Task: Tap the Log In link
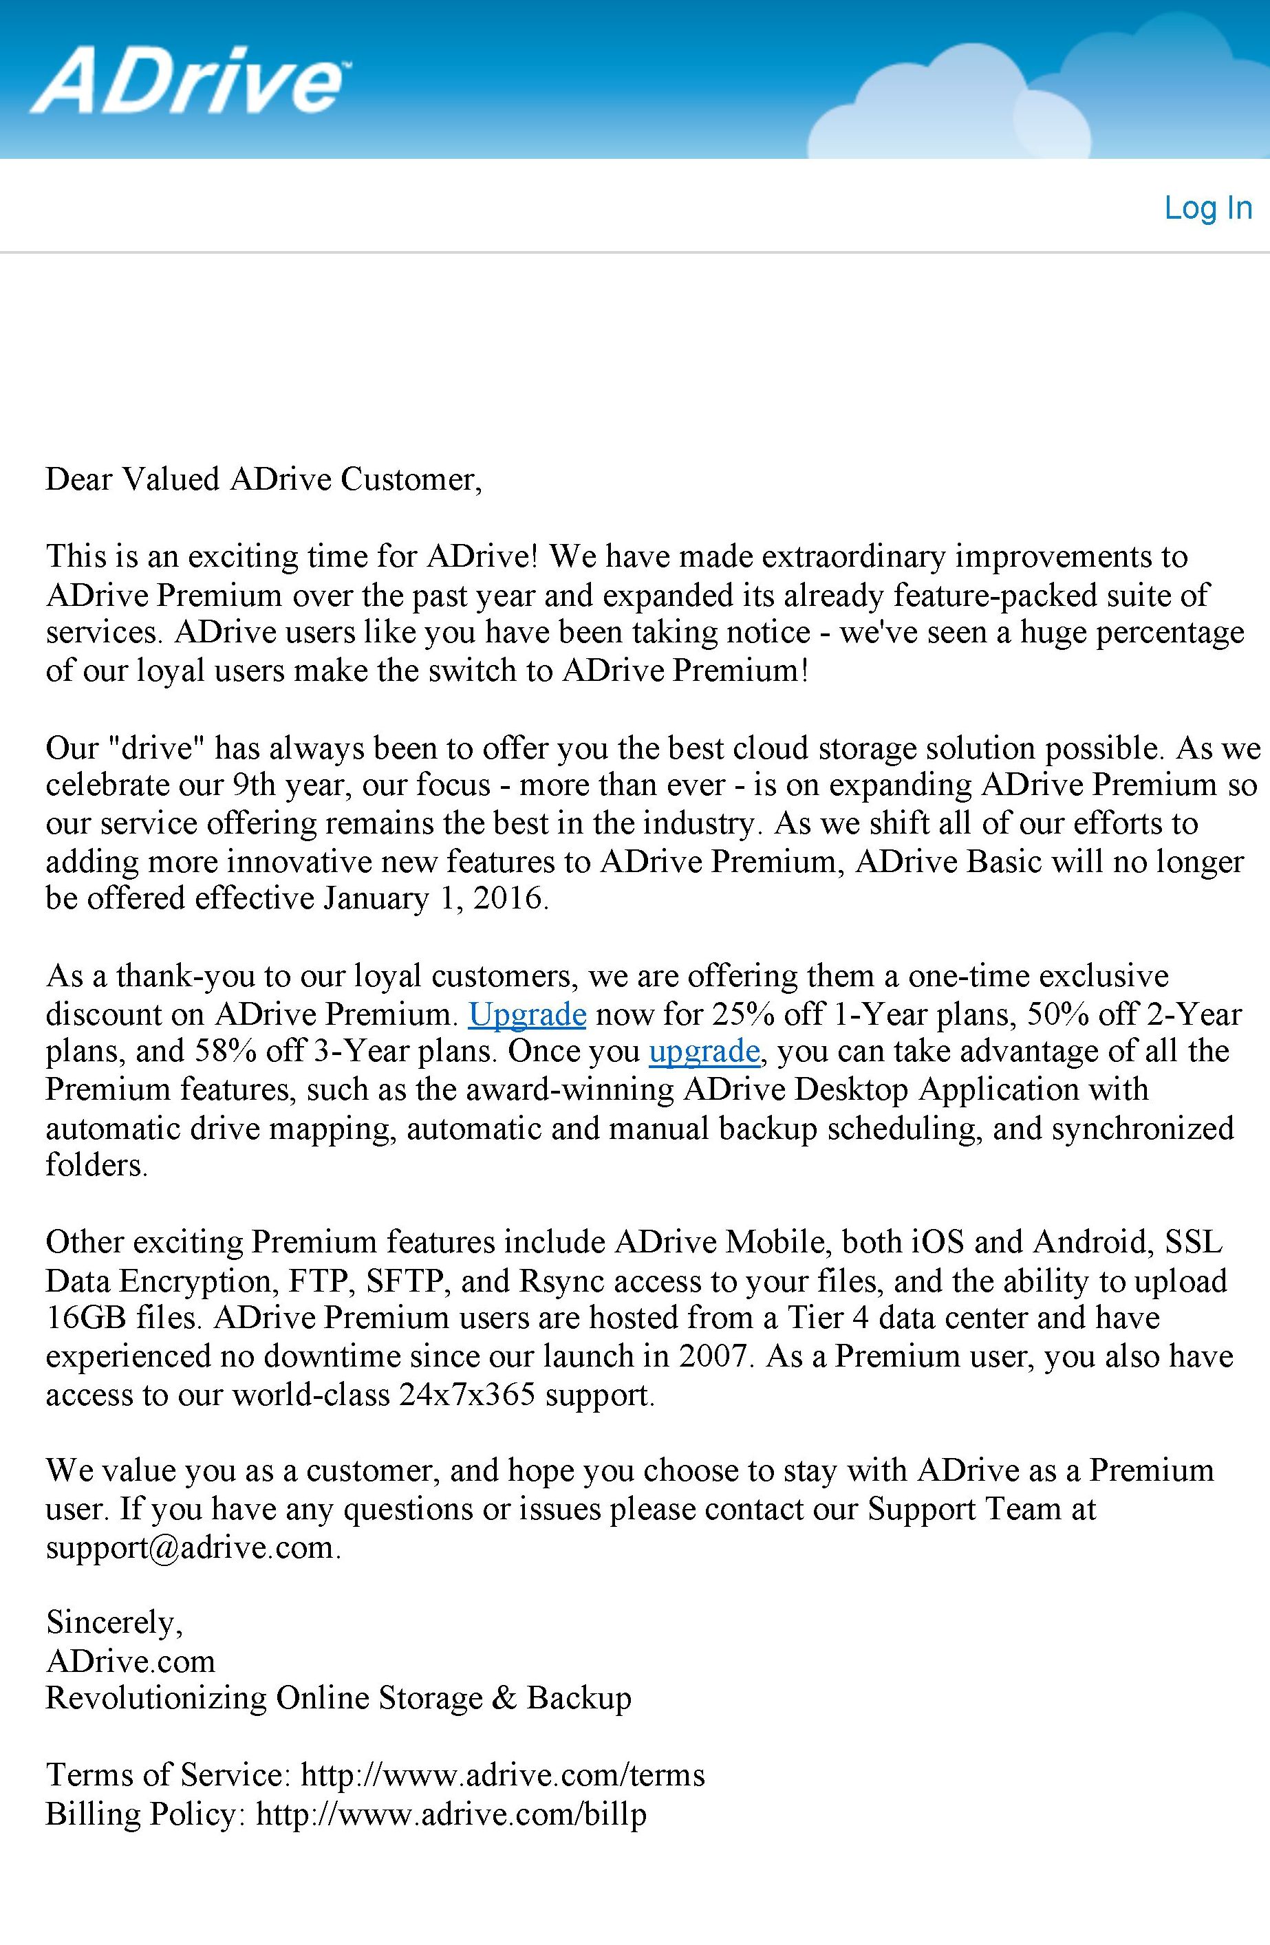coord(1207,208)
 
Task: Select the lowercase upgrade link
coord(704,1051)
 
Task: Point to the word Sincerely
coord(114,1622)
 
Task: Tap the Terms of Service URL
coord(503,1774)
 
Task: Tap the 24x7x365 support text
coord(466,1393)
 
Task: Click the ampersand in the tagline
coord(504,1697)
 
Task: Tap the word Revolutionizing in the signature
coord(155,1697)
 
